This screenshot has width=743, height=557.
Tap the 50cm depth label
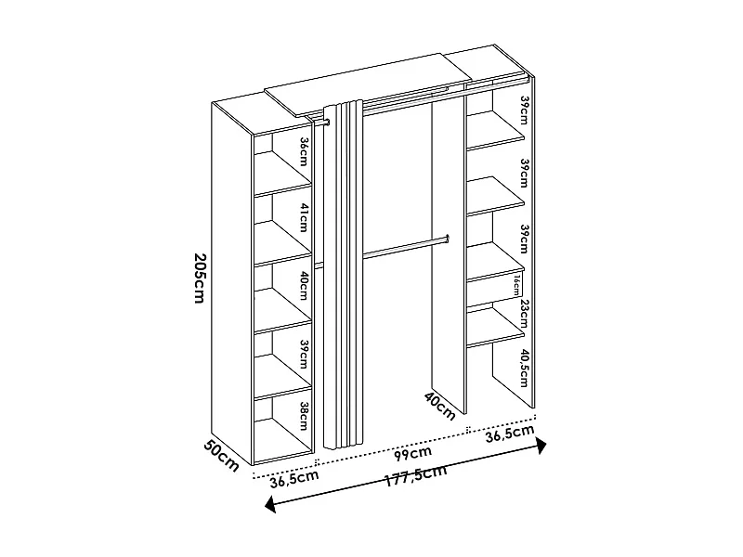coord(223,455)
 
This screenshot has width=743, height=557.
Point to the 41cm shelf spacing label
coord(302,219)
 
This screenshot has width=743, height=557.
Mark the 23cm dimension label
coord(524,312)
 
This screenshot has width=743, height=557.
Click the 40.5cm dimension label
coord(524,368)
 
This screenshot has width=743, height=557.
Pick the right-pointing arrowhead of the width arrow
coord(542,446)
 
